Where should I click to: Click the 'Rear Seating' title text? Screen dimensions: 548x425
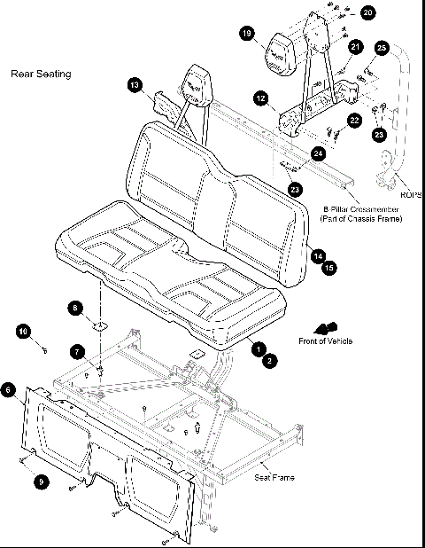coord(40,74)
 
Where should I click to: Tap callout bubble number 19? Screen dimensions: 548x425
coord(247,34)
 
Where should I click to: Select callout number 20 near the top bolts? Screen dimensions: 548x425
coord(367,12)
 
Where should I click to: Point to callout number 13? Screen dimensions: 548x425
coord(135,85)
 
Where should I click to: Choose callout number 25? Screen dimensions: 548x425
coord(382,46)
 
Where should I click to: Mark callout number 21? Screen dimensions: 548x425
coord(355,46)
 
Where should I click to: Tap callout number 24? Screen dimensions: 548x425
coord(319,153)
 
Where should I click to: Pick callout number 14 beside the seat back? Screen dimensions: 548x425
coord(317,254)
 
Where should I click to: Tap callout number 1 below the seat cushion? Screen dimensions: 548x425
coord(259,348)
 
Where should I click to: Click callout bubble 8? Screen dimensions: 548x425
coord(76,308)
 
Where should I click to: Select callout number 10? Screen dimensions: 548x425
coord(24,332)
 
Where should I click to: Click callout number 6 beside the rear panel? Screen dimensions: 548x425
coord(8,389)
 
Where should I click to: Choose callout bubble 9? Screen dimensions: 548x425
coord(39,481)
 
